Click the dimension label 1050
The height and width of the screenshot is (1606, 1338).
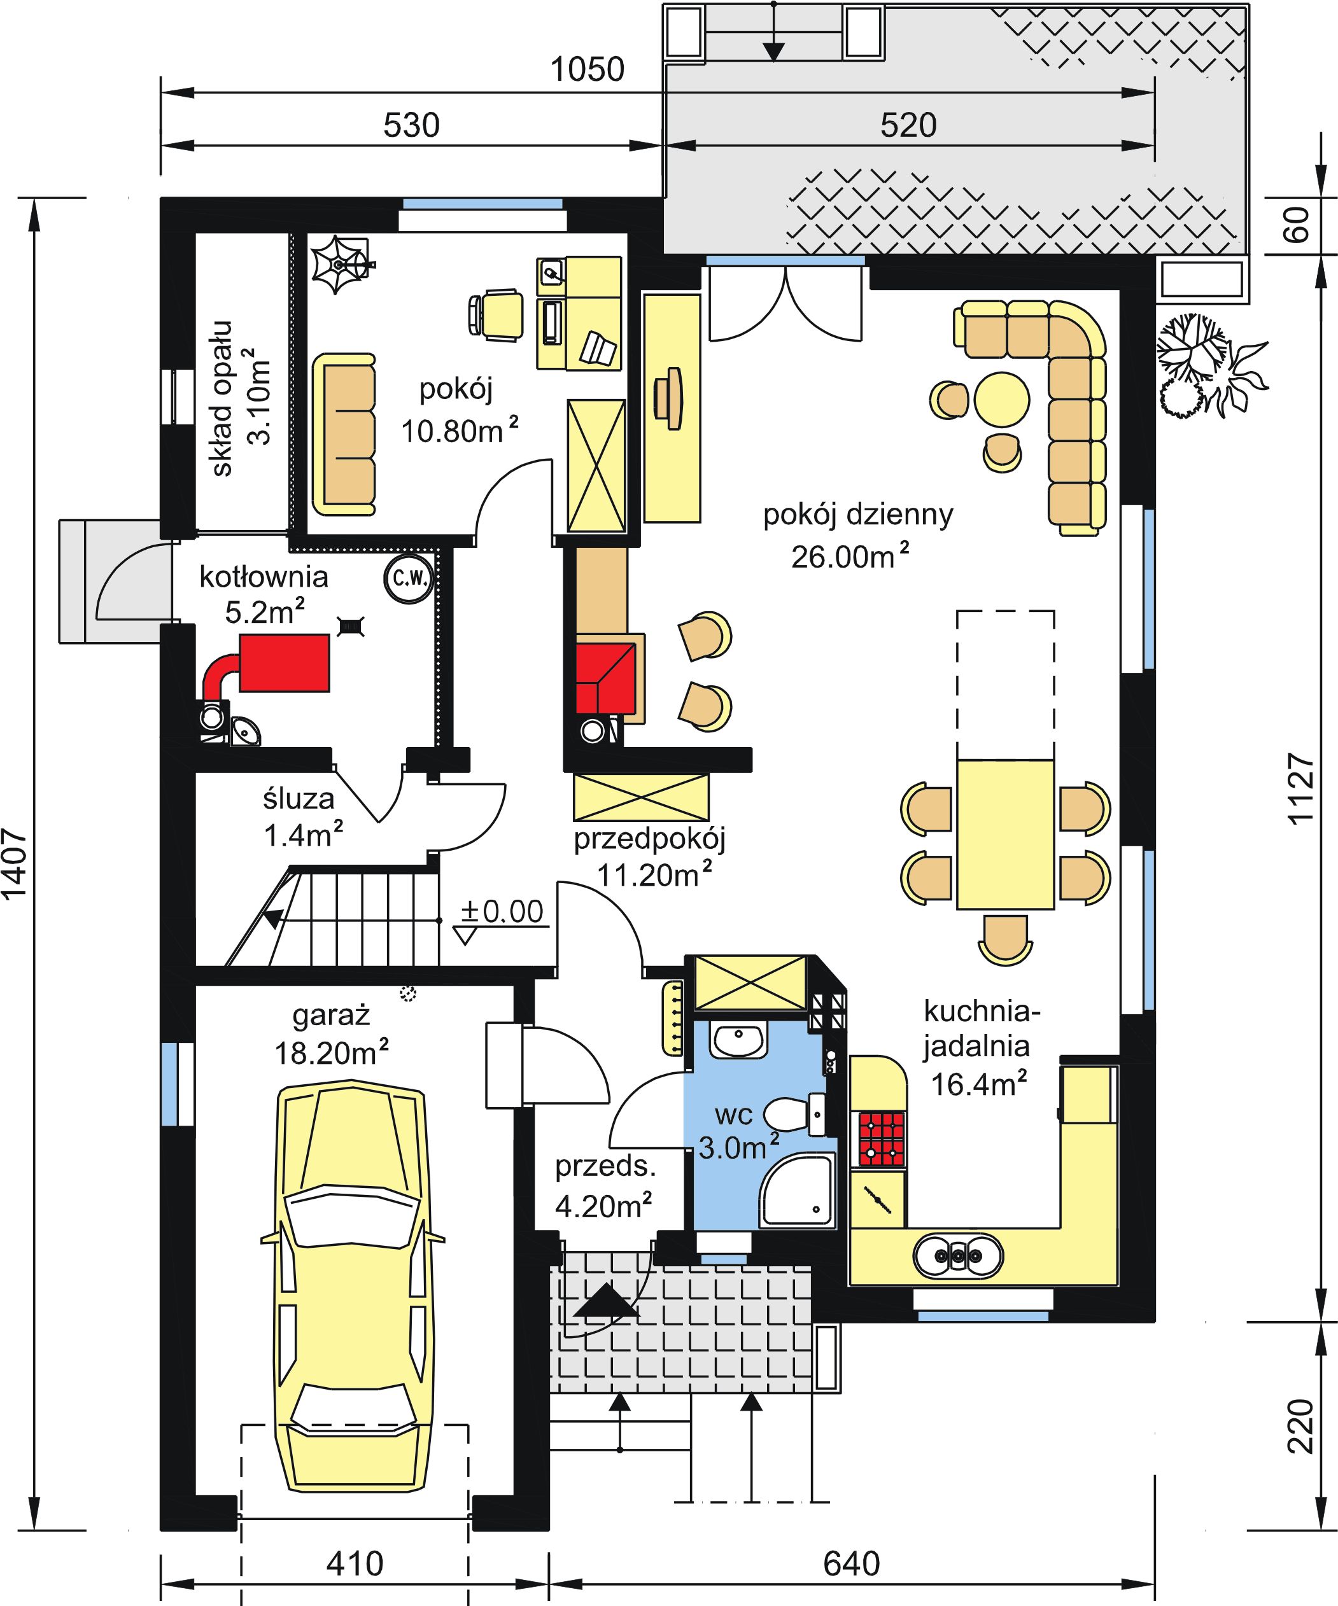pyautogui.click(x=588, y=69)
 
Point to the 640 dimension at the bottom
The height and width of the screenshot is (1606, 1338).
pyautogui.click(x=852, y=1563)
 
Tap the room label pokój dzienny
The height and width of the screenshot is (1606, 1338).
pyautogui.click(x=858, y=515)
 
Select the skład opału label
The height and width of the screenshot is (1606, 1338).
pyautogui.click(x=222, y=398)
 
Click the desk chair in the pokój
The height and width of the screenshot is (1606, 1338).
pyautogui.click(x=496, y=314)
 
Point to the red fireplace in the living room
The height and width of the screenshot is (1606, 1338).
pyautogui.click(x=606, y=678)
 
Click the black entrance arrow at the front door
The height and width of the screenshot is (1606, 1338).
pyautogui.click(x=605, y=1300)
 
